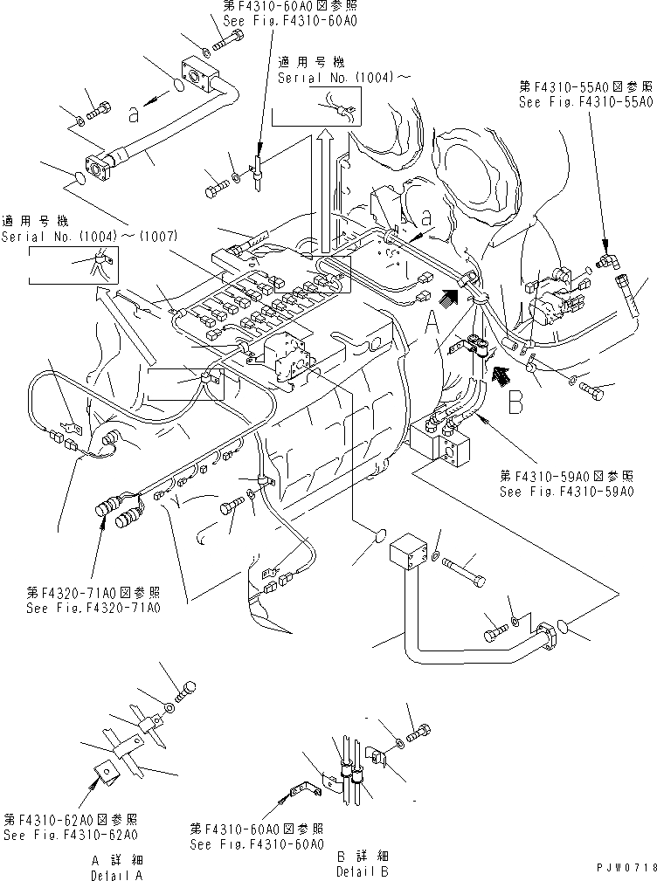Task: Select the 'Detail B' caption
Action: [363, 871]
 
